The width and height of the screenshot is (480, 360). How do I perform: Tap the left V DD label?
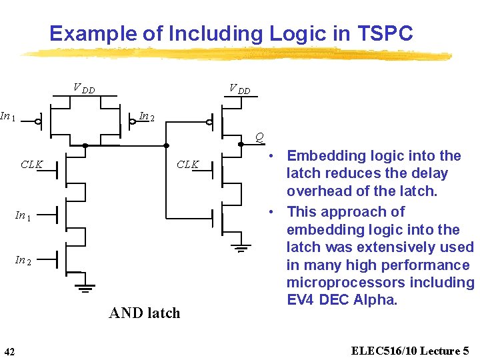coord(83,89)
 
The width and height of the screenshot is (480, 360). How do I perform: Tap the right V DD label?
coord(239,89)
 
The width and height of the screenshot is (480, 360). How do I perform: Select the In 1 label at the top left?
coord(8,117)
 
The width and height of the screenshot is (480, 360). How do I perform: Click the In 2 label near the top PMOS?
coord(147,117)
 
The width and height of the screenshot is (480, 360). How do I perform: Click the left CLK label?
coord(31,164)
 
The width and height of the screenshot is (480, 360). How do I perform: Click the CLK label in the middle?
coord(187,164)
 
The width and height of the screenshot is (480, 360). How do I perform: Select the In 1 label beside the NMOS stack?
coord(23,215)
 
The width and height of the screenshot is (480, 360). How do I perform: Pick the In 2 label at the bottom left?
coord(23,260)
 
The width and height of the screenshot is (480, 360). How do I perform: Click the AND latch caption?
coord(144,313)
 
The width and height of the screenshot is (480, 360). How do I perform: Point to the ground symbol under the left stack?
coord(85,289)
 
